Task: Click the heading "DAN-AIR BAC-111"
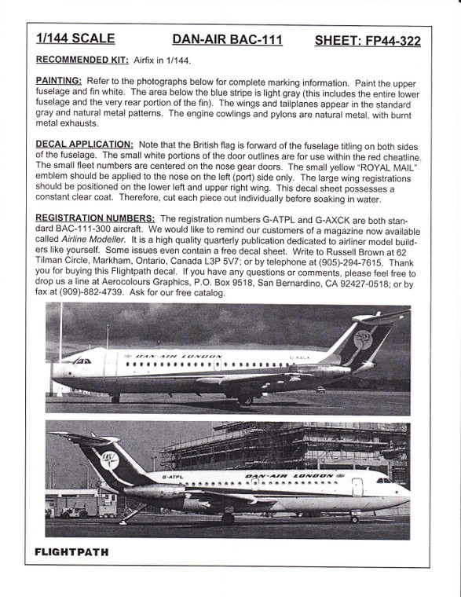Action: point(228,39)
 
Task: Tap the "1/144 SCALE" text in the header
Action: point(75,38)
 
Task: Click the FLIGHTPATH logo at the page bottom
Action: point(71,551)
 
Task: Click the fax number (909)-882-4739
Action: point(83,292)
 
